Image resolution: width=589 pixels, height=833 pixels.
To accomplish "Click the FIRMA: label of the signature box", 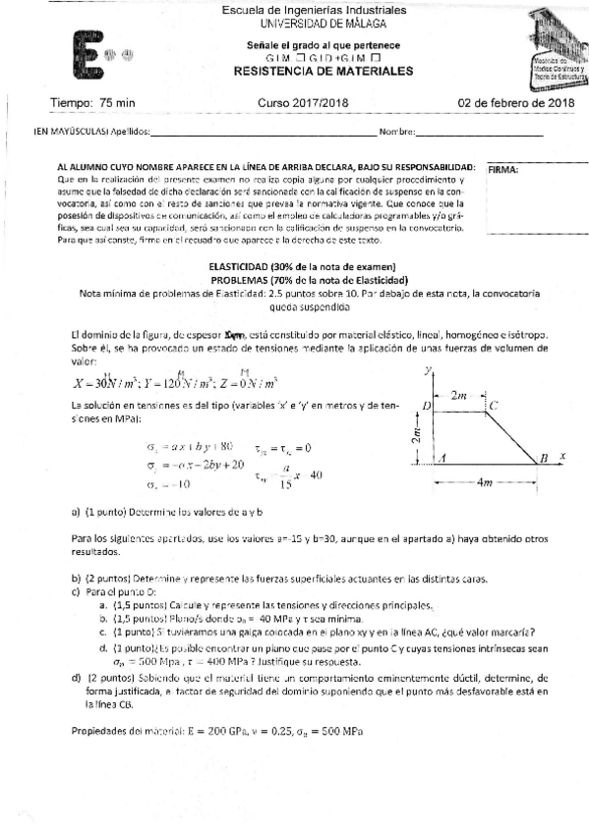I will click(x=502, y=169).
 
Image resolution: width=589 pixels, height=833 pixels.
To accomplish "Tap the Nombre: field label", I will click(x=397, y=131).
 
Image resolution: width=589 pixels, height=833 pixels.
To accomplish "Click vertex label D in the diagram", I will click(x=426, y=405).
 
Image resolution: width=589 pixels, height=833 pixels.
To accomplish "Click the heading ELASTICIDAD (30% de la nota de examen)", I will click(x=302, y=267).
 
